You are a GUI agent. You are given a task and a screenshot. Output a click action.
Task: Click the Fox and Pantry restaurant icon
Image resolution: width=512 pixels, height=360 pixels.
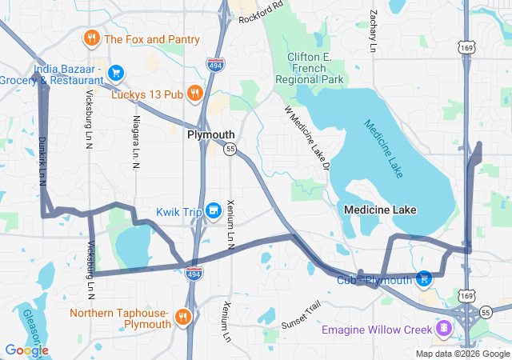point(92,38)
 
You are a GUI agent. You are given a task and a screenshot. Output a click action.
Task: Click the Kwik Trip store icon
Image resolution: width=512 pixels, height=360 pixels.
point(213,210)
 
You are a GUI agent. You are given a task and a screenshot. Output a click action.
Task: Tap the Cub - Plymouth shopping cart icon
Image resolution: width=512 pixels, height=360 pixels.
point(425,279)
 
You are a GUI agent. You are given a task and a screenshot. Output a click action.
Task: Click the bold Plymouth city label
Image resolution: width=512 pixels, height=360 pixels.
point(211,135)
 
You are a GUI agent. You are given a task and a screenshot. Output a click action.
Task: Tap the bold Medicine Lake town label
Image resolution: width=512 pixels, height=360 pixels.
point(380,210)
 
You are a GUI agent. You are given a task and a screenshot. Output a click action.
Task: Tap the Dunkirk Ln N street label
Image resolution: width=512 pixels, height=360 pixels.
point(41,161)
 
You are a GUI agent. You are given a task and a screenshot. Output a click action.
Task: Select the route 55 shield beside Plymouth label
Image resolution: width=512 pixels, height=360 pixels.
point(230,149)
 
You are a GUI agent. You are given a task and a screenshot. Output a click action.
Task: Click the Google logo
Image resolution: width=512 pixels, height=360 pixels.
point(26,350)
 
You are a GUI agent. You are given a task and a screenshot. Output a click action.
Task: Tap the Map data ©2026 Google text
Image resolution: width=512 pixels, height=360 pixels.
point(462,354)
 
